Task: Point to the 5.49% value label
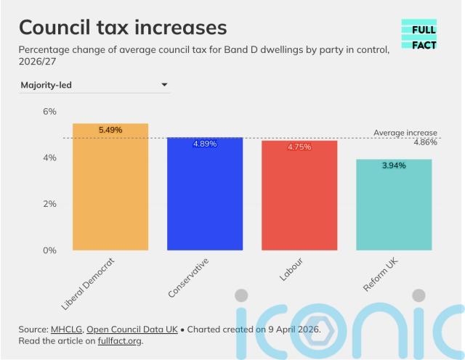110,130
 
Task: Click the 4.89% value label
205,144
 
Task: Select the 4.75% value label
299,147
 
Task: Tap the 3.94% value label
394,165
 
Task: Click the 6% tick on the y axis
49,112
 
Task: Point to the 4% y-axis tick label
49,157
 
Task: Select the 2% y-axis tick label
49,204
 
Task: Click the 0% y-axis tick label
49,250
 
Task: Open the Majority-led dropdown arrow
164,85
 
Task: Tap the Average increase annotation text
405,133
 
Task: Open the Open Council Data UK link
132,329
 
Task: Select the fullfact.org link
120,340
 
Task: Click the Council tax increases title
123,28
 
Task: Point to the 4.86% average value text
425,143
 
